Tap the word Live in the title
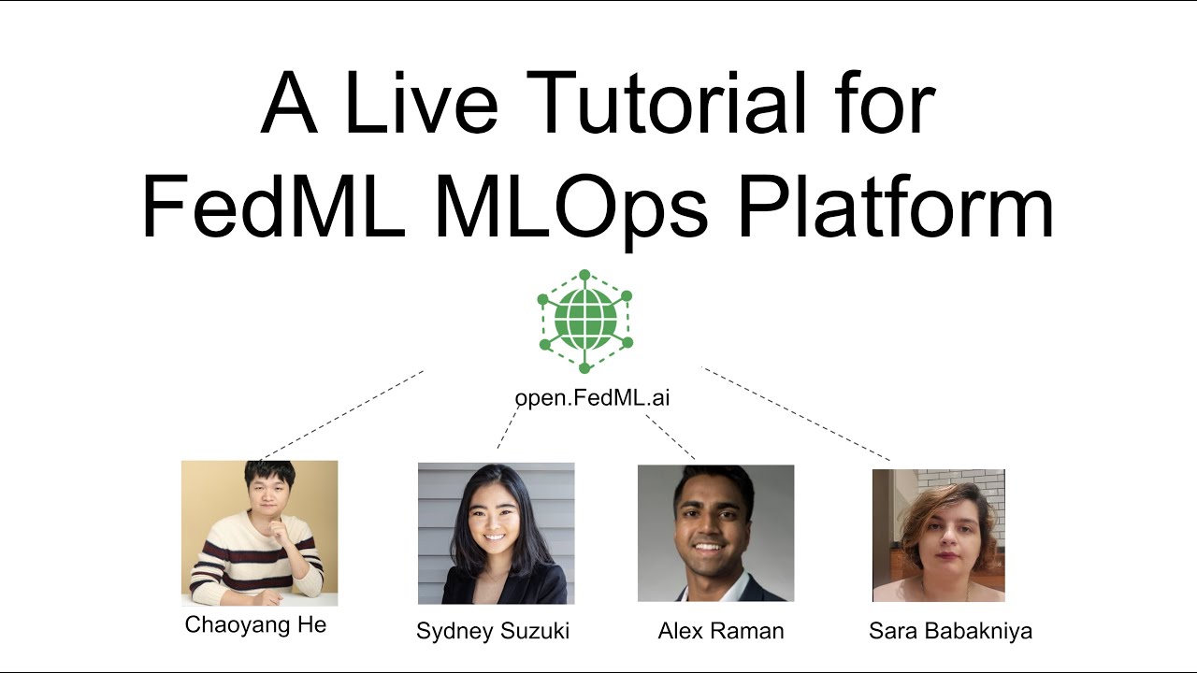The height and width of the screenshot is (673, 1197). [421, 105]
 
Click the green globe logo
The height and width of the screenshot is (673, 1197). [585, 322]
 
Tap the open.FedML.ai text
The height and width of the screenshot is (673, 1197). [592, 398]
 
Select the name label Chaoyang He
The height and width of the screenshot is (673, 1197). [255, 625]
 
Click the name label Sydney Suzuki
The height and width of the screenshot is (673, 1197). [493, 631]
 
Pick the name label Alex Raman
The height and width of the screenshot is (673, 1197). [720, 631]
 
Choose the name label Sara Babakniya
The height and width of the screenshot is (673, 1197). [950, 631]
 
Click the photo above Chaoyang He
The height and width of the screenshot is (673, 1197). [259, 533]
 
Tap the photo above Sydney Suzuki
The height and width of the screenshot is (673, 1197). [496, 534]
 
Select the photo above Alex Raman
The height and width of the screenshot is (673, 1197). [715, 533]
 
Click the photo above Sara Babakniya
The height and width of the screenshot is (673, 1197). [938, 535]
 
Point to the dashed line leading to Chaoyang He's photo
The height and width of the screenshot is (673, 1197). [342, 414]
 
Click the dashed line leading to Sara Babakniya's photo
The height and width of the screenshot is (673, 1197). [796, 414]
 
